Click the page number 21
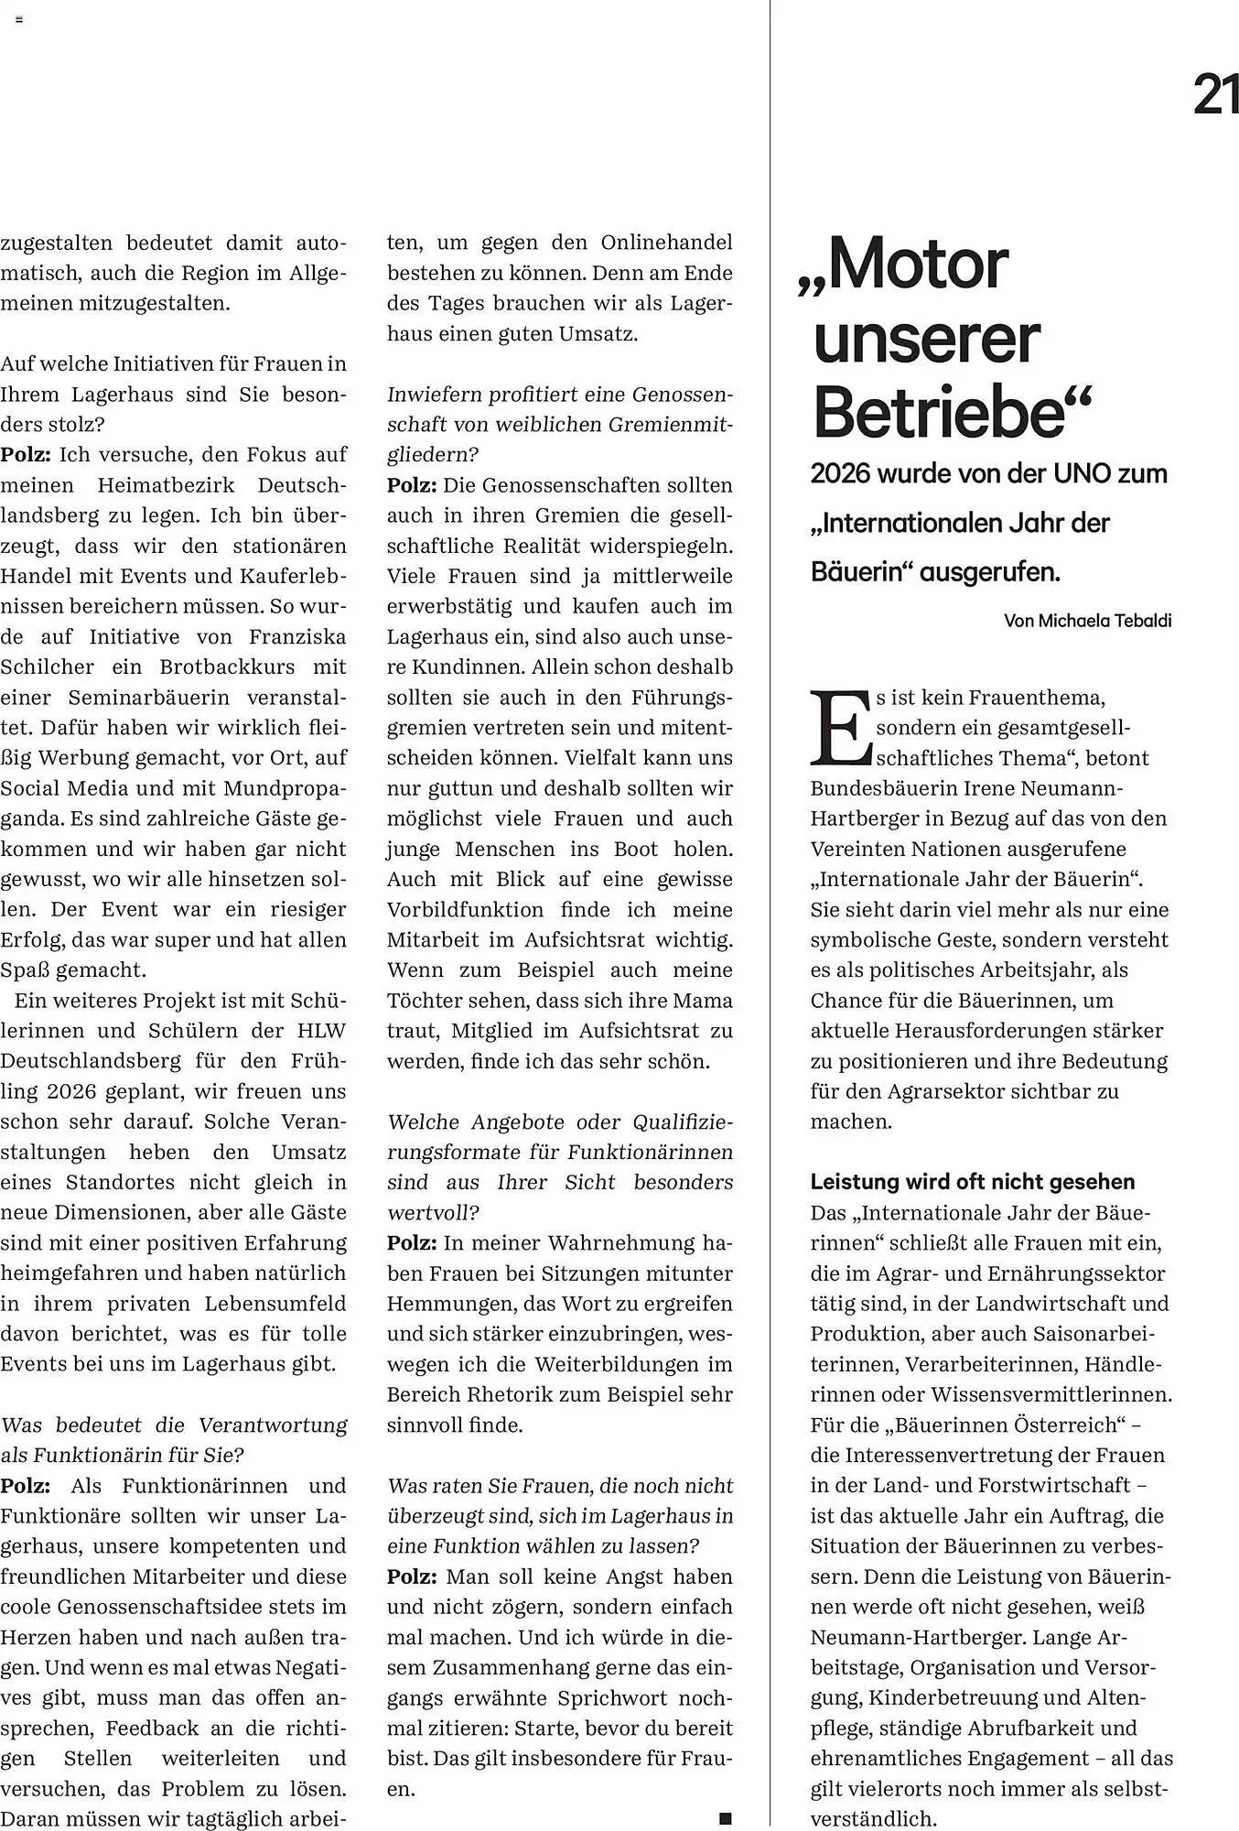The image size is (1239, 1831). coord(1216,94)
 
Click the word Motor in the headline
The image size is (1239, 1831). coord(910,265)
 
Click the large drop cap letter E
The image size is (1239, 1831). coord(840,729)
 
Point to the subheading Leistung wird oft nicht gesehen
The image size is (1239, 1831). coord(972,1182)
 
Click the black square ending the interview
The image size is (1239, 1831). coord(725,1818)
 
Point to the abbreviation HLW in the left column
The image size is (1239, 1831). coord(321,1031)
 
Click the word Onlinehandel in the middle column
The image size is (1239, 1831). coord(666,244)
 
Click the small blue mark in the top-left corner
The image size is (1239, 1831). coord(18,19)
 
